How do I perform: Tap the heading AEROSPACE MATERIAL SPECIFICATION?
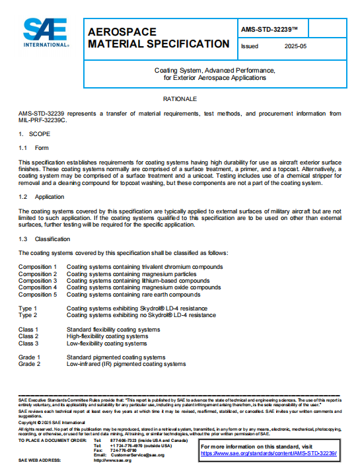pyautogui.click(x=159, y=38)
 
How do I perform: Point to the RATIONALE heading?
pyautogui.click(x=180, y=98)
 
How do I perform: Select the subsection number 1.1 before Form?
pyautogui.click(x=22, y=148)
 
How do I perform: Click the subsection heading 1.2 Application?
pyautogui.click(x=41, y=197)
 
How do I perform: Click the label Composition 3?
pyautogui.click(x=38, y=281)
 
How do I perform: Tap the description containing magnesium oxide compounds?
pyautogui.click(x=143, y=287)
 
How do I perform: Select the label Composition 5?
pyautogui.click(x=38, y=295)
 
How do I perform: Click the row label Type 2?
pyautogui.click(x=28, y=315)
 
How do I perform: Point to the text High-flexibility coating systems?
pyautogui.click(x=113, y=336)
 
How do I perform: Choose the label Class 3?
pyautogui.click(x=28, y=343)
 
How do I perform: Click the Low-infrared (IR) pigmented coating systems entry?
pyautogui.click(x=126, y=364)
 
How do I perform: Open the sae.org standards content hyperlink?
pyautogui.click(x=269, y=453)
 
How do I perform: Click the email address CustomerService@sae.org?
pyautogui.click(x=137, y=454)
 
